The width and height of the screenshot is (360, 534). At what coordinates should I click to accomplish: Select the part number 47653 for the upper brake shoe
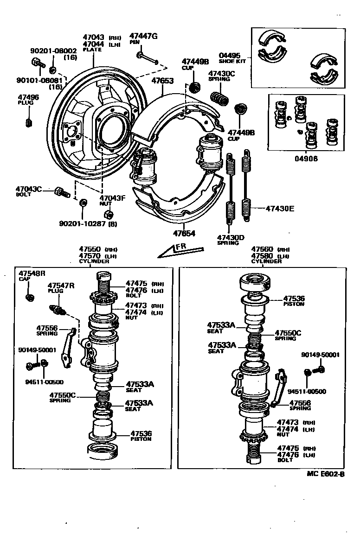pos(162,81)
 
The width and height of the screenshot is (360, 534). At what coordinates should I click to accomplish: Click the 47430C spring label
pos(221,73)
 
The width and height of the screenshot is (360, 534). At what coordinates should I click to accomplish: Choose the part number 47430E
pos(280,209)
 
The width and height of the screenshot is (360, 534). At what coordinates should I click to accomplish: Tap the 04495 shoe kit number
pos(229,55)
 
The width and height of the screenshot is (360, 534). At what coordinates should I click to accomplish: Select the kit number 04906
pos(306,158)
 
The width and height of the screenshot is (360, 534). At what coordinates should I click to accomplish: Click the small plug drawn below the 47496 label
pos(28,122)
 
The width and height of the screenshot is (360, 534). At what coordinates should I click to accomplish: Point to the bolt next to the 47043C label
pos(61,191)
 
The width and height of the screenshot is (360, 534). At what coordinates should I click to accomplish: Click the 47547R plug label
pos(61,285)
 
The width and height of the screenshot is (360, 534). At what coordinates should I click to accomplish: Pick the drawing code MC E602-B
pos(325,474)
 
